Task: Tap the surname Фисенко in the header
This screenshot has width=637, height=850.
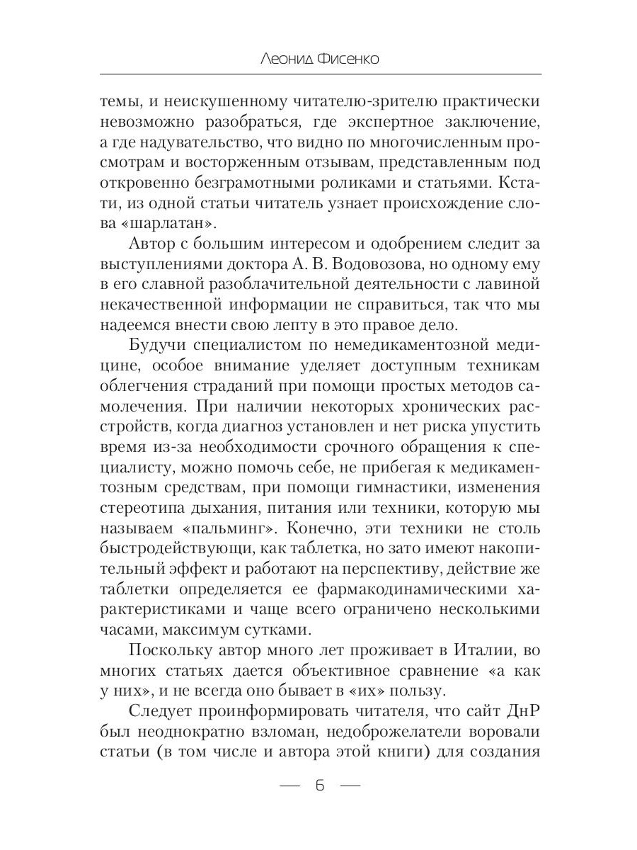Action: (349, 59)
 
